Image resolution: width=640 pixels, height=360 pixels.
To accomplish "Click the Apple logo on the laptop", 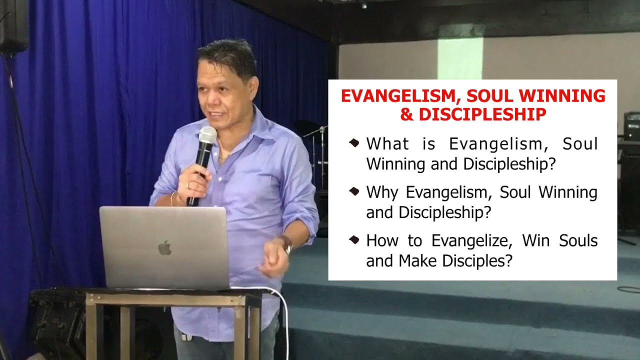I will click(x=164, y=247).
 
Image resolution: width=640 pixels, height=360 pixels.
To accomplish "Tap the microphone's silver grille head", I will click(x=207, y=135).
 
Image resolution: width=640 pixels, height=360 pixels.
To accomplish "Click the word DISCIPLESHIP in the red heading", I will click(x=482, y=114).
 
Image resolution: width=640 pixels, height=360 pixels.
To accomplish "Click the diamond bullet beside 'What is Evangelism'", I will click(x=354, y=143).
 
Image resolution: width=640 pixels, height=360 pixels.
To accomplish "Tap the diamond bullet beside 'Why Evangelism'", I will click(x=354, y=191).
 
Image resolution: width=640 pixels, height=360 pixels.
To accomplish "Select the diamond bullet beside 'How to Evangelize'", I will click(x=354, y=240).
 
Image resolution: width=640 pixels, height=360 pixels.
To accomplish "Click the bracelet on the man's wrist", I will click(x=172, y=198).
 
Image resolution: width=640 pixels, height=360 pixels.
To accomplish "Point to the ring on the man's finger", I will click(x=188, y=185).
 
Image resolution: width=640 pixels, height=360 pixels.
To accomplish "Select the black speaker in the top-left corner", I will click(x=14, y=25).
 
